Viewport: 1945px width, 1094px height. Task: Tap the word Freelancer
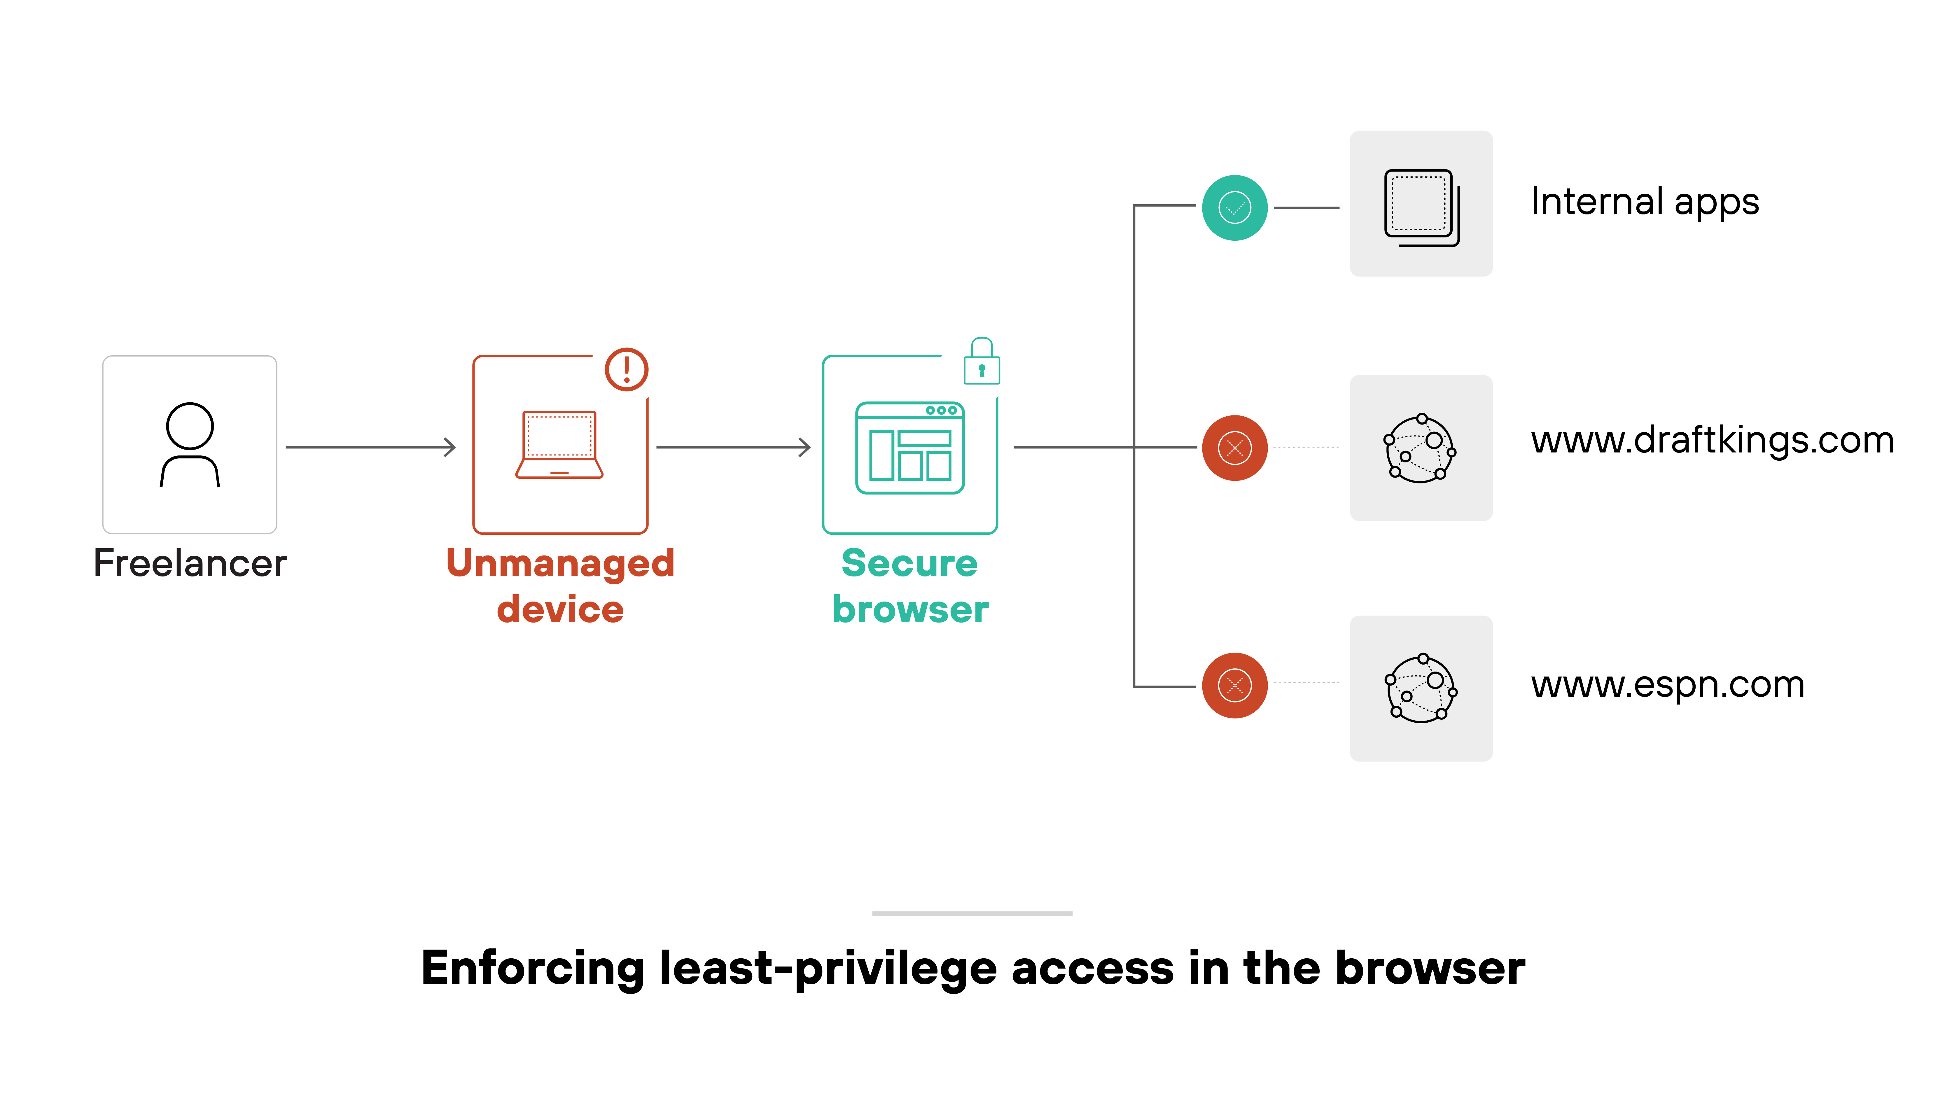[190, 563]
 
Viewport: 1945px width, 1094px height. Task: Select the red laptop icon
[559, 445]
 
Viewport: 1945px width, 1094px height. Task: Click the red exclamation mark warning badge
[626, 369]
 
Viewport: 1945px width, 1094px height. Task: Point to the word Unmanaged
[560, 563]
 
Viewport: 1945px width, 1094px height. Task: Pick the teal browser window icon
[910, 448]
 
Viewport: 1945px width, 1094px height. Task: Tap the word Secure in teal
[910, 563]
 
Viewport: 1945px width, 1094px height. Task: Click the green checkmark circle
[1234, 208]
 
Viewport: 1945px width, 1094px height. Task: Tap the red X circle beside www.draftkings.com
[1234, 448]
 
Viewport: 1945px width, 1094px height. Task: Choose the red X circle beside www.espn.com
[1234, 686]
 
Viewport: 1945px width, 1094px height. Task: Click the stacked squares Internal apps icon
[1421, 208]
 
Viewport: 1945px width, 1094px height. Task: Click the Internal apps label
[1645, 202]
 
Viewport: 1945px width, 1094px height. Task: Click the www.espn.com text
[1667, 685]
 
